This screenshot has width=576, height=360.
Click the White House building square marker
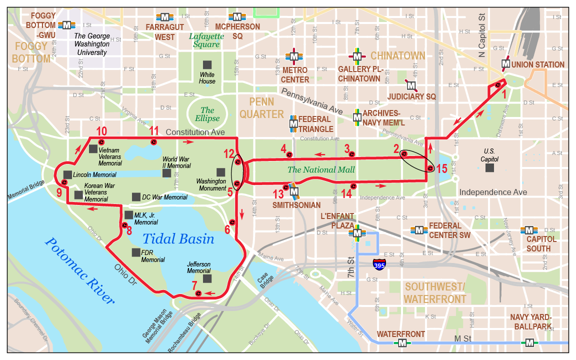pyautogui.click(x=207, y=64)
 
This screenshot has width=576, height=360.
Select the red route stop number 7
pyautogui.click(x=194, y=286)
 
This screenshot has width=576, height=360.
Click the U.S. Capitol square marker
pyautogui.click(x=489, y=168)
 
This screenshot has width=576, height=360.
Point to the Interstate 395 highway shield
pyautogui.click(x=379, y=264)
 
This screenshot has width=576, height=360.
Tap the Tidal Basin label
pyautogui.click(x=178, y=239)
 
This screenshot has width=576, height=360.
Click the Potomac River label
pyautogui.click(x=79, y=270)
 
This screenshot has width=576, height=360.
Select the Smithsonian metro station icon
pyautogui.click(x=294, y=191)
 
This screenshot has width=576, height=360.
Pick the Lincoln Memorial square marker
pyautogui.click(x=67, y=174)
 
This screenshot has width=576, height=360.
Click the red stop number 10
pyautogui.click(x=101, y=131)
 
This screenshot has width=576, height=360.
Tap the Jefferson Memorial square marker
pyautogui.click(x=207, y=278)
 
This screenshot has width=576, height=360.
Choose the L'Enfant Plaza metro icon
pyautogui.click(x=357, y=232)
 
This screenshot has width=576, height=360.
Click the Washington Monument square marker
pyautogui.click(x=220, y=171)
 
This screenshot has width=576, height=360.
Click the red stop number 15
pyautogui.click(x=441, y=169)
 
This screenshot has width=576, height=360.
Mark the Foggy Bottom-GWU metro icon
pyautogui.click(x=66, y=24)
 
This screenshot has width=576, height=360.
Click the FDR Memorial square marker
pyautogui.click(x=136, y=252)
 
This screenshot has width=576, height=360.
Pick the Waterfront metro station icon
pyautogui.click(x=402, y=342)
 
